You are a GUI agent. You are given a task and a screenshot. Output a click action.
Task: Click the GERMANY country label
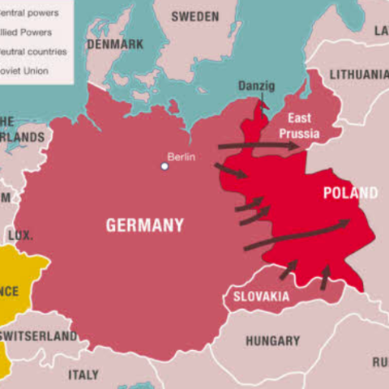(144, 225)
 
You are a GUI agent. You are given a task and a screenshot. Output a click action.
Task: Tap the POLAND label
(350, 193)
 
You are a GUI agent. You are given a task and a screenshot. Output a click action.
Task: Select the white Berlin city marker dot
(165, 166)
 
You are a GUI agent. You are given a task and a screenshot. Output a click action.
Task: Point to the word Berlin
(181, 156)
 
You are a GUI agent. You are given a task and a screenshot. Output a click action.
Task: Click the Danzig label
(256, 86)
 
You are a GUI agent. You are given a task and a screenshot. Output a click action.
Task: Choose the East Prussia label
(298, 126)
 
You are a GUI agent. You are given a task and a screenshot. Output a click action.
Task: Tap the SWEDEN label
(194, 16)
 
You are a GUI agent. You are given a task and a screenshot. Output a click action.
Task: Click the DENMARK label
(115, 44)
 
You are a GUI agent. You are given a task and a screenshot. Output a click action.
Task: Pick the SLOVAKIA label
(261, 297)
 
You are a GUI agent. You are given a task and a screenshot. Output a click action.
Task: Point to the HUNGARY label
(272, 341)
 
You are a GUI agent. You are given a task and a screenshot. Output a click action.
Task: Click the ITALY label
(83, 374)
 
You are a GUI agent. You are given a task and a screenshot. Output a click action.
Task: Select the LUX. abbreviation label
(20, 236)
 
